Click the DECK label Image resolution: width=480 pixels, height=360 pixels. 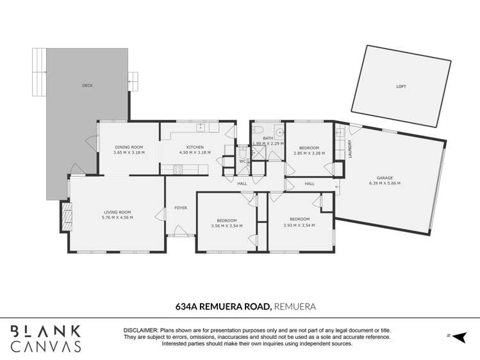point(87,85)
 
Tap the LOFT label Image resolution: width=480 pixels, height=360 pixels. point(401,86)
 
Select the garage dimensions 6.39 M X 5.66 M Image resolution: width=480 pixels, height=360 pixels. point(385,183)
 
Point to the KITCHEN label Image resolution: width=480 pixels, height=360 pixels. point(195,147)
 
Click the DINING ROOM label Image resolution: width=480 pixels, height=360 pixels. point(129,147)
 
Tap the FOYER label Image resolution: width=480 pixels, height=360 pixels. point(181,208)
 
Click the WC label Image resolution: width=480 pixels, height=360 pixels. point(243,161)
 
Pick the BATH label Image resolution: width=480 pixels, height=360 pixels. point(267,138)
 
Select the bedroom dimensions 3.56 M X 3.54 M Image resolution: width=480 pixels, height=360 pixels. point(226,226)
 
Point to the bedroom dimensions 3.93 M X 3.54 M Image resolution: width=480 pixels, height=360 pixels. point(299,225)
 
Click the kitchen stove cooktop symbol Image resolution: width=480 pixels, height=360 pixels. point(178,170)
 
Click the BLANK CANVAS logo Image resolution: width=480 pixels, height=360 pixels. point(46,339)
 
